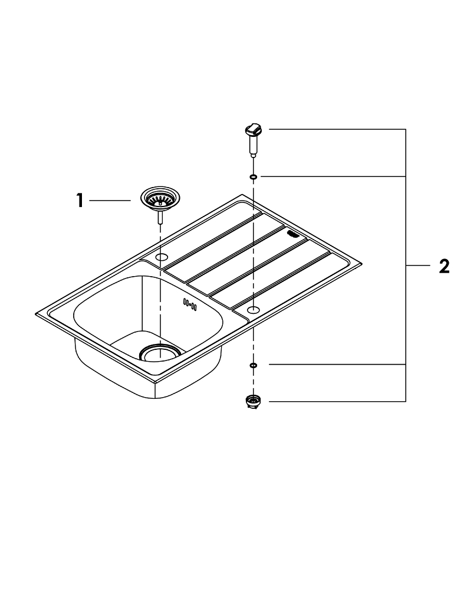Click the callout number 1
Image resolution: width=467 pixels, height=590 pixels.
[x=80, y=200]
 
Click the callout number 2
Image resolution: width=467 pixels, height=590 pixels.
[x=445, y=267]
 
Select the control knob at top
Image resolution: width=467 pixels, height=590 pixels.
[x=253, y=132]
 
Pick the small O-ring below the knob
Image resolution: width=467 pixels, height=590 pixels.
[x=254, y=176]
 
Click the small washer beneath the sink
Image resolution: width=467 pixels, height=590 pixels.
[x=254, y=365]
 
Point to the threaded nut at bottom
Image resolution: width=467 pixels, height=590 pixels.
[x=253, y=401]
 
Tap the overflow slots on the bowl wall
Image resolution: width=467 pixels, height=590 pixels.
[x=189, y=304]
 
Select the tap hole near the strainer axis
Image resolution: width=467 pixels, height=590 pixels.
[x=162, y=257]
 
